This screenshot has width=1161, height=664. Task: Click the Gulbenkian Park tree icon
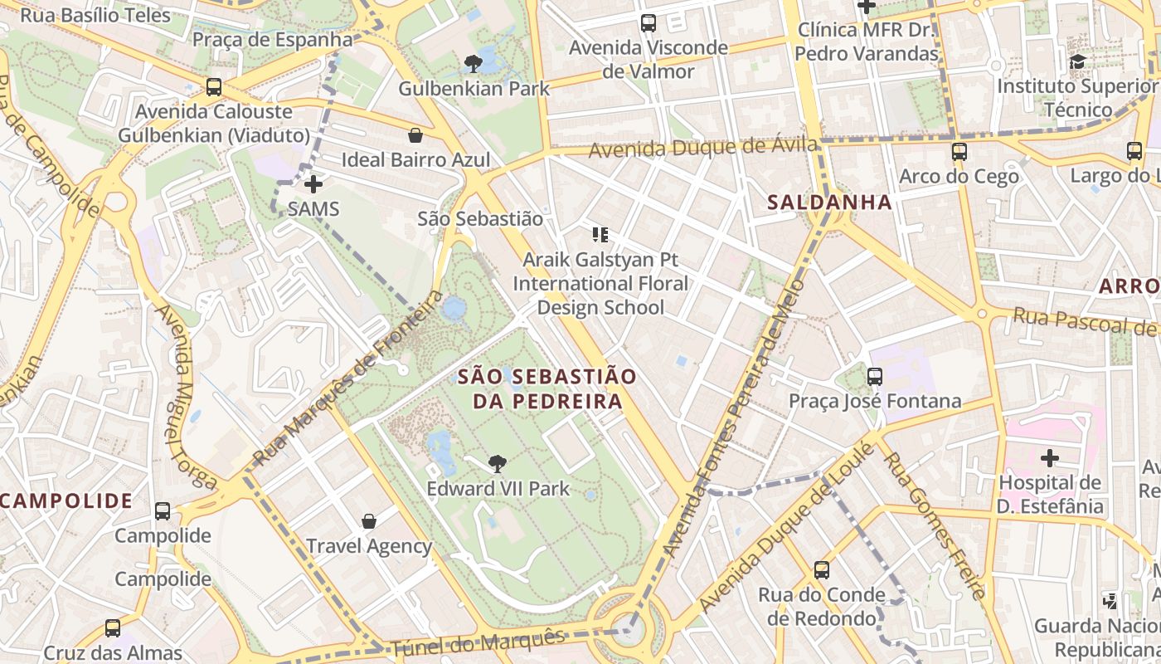click(x=473, y=63)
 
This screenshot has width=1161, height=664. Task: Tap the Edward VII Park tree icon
click(x=498, y=463)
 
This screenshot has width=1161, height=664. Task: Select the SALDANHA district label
click(x=829, y=202)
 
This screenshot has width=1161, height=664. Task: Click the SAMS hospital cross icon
click(x=313, y=184)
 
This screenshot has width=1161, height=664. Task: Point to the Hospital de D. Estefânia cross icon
click(x=1050, y=457)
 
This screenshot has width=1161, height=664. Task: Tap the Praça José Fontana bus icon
click(x=874, y=377)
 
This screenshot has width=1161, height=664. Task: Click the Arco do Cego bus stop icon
click(x=959, y=152)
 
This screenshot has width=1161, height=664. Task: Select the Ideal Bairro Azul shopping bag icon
click(x=415, y=135)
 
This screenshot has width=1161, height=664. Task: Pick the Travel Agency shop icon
click(x=369, y=521)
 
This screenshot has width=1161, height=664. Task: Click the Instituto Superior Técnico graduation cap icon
click(x=1077, y=61)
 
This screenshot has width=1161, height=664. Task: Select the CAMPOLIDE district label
click(x=66, y=500)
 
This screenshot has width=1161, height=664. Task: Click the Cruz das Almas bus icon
click(x=112, y=628)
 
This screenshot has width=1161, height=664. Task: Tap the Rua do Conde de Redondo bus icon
click(x=821, y=570)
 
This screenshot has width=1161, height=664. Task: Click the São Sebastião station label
click(x=480, y=219)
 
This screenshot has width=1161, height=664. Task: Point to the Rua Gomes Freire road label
click(x=934, y=523)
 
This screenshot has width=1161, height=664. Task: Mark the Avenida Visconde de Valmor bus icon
click(x=649, y=23)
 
